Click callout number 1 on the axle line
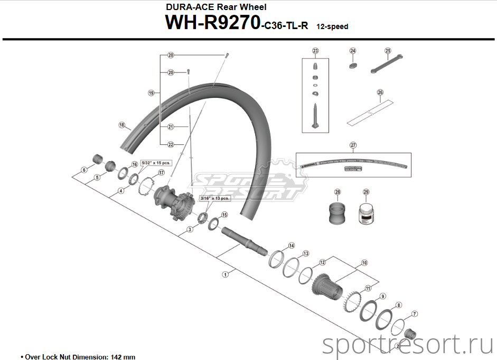(x=226, y=274)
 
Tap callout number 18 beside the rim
(x=122, y=125)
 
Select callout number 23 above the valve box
(x=315, y=51)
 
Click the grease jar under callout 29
(x=365, y=215)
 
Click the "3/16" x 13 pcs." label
(x=214, y=198)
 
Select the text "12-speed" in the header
(x=332, y=26)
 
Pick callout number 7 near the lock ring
(x=415, y=314)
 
